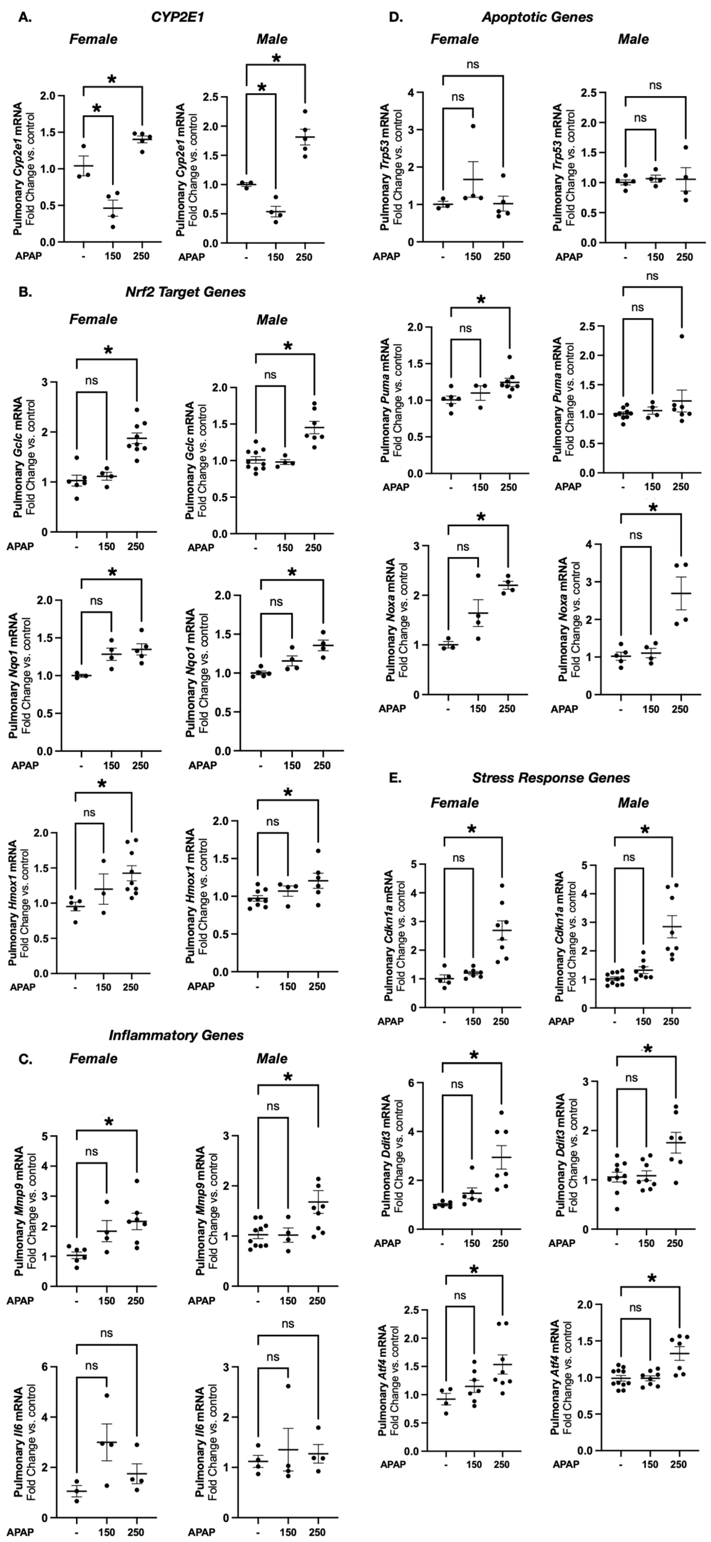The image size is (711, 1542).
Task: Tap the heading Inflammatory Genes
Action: [176, 1035]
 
